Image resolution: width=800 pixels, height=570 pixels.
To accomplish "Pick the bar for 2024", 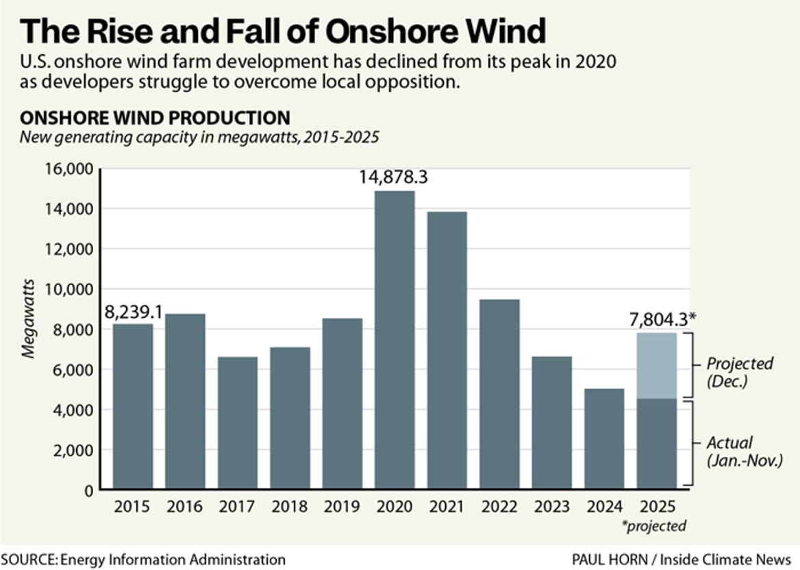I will click(604, 438).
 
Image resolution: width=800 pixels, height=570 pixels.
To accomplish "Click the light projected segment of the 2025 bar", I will click(656, 365).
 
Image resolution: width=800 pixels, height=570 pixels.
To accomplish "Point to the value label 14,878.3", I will click(394, 177).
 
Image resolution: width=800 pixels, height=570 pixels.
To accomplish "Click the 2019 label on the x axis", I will click(342, 507).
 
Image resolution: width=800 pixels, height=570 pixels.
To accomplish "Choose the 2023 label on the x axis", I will click(552, 507).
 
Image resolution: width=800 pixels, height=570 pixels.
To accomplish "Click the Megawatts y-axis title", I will click(27, 329).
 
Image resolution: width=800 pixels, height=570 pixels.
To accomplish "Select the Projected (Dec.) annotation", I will click(739, 372).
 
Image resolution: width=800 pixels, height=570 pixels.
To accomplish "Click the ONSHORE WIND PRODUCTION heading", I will click(154, 117).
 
